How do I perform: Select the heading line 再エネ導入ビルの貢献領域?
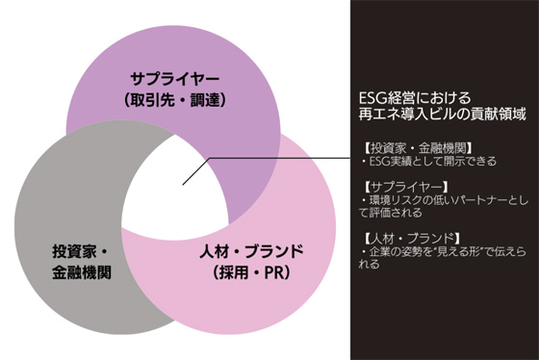point(423,114)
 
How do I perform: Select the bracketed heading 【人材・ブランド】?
point(398,237)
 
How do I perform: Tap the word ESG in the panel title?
point(366,97)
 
